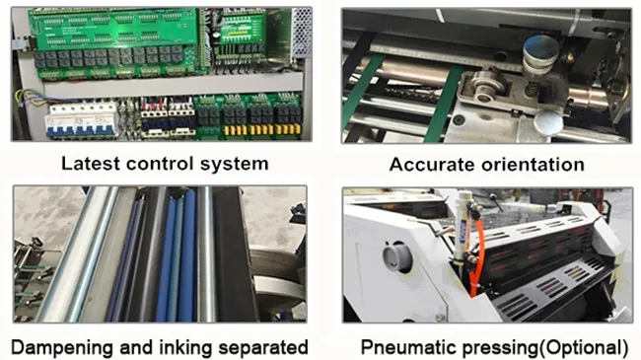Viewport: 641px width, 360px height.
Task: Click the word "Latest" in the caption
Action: tap(91, 163)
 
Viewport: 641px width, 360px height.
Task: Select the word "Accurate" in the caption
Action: tap(433, 165)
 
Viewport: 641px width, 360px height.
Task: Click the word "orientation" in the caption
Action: tap(533, 165)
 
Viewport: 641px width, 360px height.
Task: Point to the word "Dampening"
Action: tap(62, 348)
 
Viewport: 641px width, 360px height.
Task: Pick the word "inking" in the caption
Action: tap(185, 348)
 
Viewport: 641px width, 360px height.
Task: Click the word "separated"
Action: tap(263, 347)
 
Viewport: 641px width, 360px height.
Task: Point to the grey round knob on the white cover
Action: tap(397, 256)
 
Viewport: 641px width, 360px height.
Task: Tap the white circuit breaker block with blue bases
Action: tap(81, 120)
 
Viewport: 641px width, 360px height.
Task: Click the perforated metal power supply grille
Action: tap(302, 33)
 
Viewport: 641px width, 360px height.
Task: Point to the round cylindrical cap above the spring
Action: tap(540, 54)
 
